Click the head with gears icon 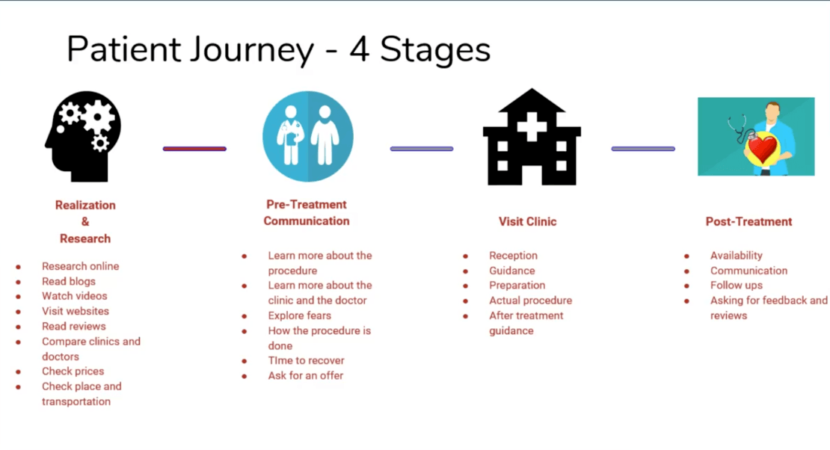pos(82,136)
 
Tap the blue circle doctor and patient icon pos(307,136)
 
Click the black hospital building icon pos(532,138)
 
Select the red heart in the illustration pos(763,150)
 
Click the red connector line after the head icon pos(194,149)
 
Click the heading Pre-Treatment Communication pos(307,212)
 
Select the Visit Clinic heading pos(528,221)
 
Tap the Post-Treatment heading pos(748,221)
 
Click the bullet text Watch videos pos(75,296)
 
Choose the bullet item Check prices pos(73,371)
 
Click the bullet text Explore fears pos(299,315)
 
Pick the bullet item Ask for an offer pos(305,375)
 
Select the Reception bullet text pos(513,256)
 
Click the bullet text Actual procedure pos(530,300)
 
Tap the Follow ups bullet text pos(736,286)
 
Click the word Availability pos(736,256)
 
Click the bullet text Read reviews pos(73,326)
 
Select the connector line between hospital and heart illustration pos(643,149)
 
